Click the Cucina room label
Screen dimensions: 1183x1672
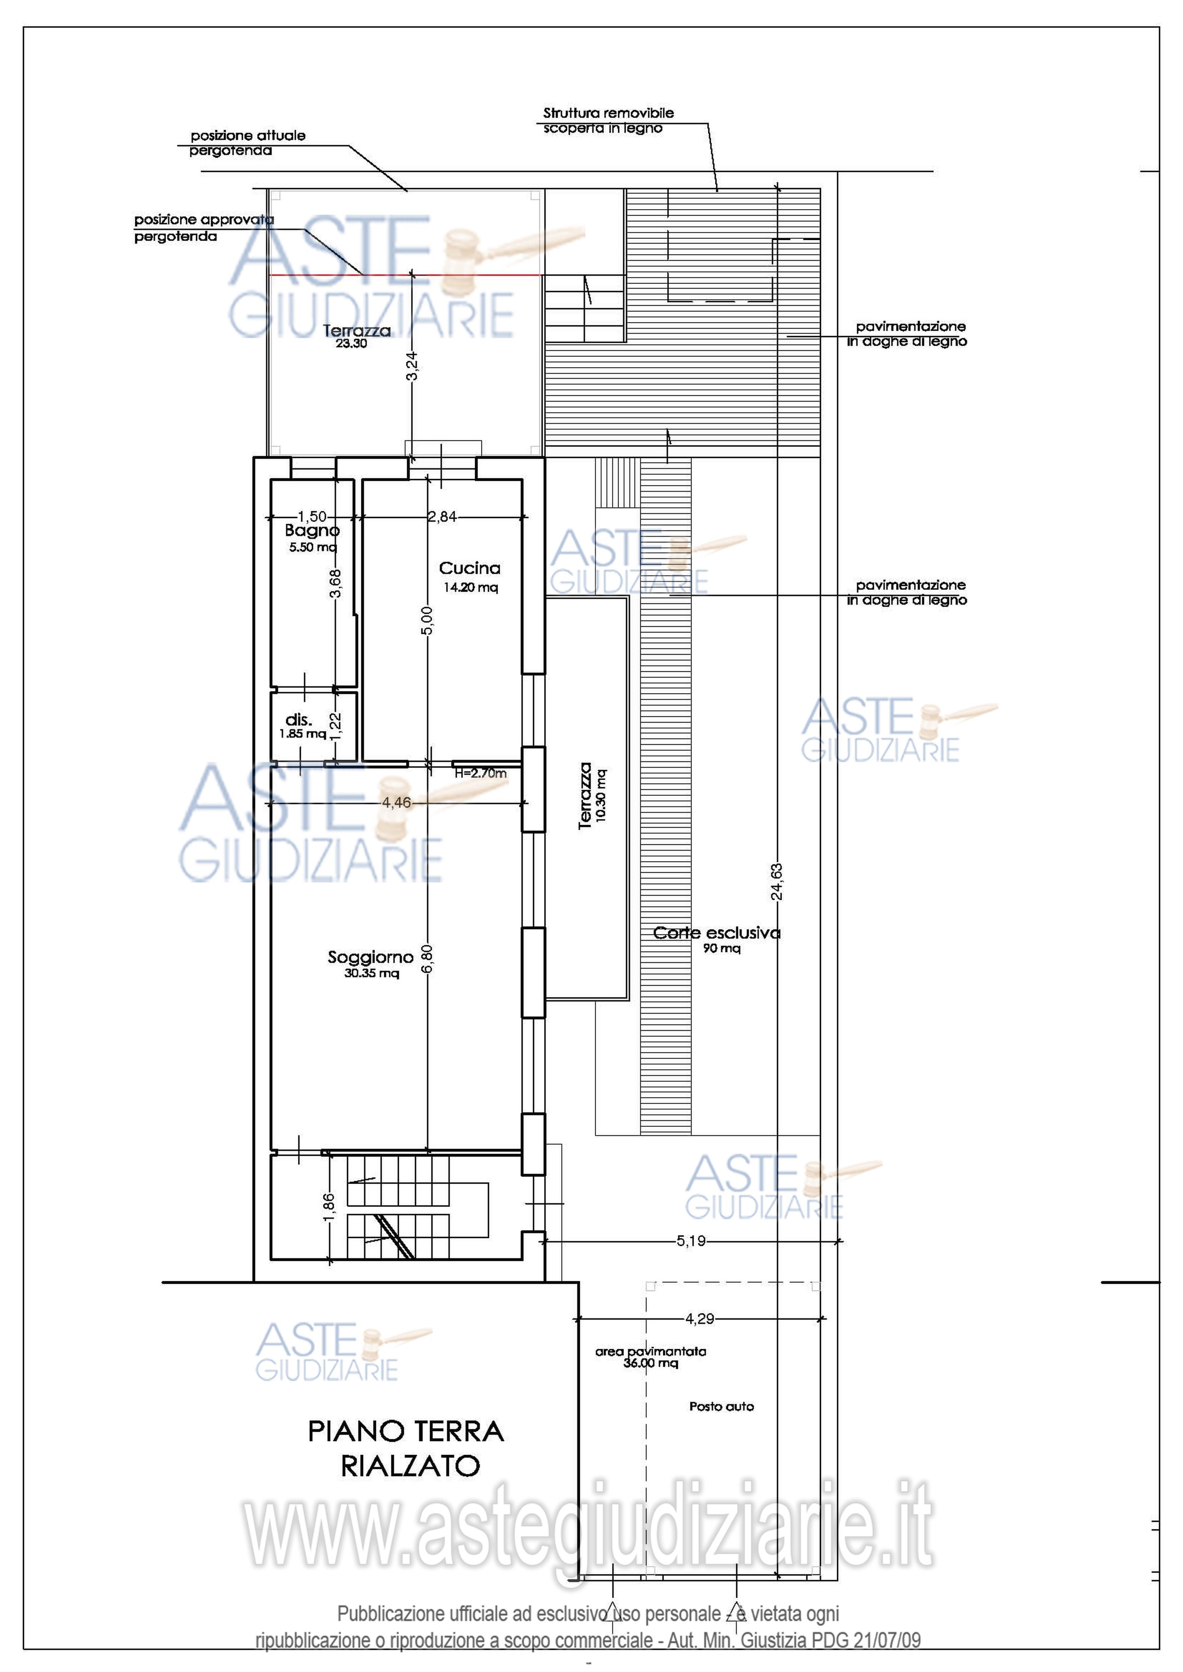pos(470,568)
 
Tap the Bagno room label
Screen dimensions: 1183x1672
pos(312,531)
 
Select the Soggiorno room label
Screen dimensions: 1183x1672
pos(371,957)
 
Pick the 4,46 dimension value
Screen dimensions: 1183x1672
pos(397,803)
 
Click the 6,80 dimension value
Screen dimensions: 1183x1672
pos(428,959)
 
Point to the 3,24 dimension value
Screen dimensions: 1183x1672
pos(412,366)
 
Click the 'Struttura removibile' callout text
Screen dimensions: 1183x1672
pos(608,113)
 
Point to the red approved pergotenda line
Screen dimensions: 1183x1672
pos(405,274)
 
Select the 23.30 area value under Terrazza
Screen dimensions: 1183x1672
pos(351,344)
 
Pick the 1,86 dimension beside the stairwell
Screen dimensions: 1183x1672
pos(329,1206)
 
